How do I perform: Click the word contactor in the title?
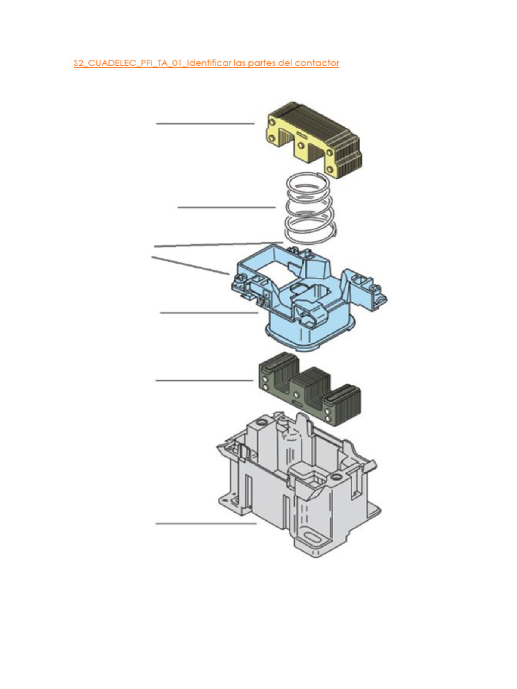tap(318, 63)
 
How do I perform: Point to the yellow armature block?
tap(312, 142)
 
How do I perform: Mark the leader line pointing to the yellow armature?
tap(205, 124)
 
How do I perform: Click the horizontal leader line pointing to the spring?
tap(226, 207)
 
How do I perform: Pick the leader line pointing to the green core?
tap(204, 381)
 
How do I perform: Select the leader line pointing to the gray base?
tap(206, 523)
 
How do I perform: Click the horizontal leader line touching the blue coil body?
tap(209, 312)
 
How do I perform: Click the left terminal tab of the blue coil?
tap(241, 283)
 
